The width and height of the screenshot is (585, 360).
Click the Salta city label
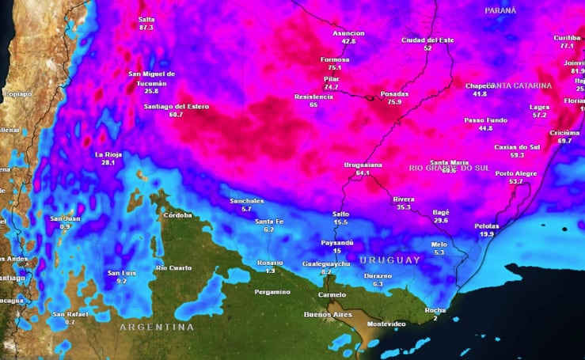tap(146, 19)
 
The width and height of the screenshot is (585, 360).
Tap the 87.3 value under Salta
tap(146, 28)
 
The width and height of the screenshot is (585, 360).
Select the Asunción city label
tap(348, 33)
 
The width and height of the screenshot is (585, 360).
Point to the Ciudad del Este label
tap(427, 40)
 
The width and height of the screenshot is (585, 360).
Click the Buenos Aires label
tap(322, 315)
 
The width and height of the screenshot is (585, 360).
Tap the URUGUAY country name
tap(389, 260)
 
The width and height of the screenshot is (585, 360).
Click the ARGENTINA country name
tap(156, 327)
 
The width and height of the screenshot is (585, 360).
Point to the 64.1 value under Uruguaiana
tap(363, 172)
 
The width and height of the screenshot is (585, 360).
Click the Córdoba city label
tap(177, 215)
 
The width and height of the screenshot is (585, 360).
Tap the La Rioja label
tap(108, 154)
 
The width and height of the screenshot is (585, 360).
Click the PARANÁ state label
tap(500, 10)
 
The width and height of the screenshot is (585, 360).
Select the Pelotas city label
tap(487, 226)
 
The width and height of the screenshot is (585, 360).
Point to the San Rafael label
tap(70, 314)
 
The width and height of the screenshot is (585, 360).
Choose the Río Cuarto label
tap(173, 267)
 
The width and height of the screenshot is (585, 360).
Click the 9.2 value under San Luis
tap(121, 282)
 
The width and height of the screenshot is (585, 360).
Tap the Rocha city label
tap(435, 310)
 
